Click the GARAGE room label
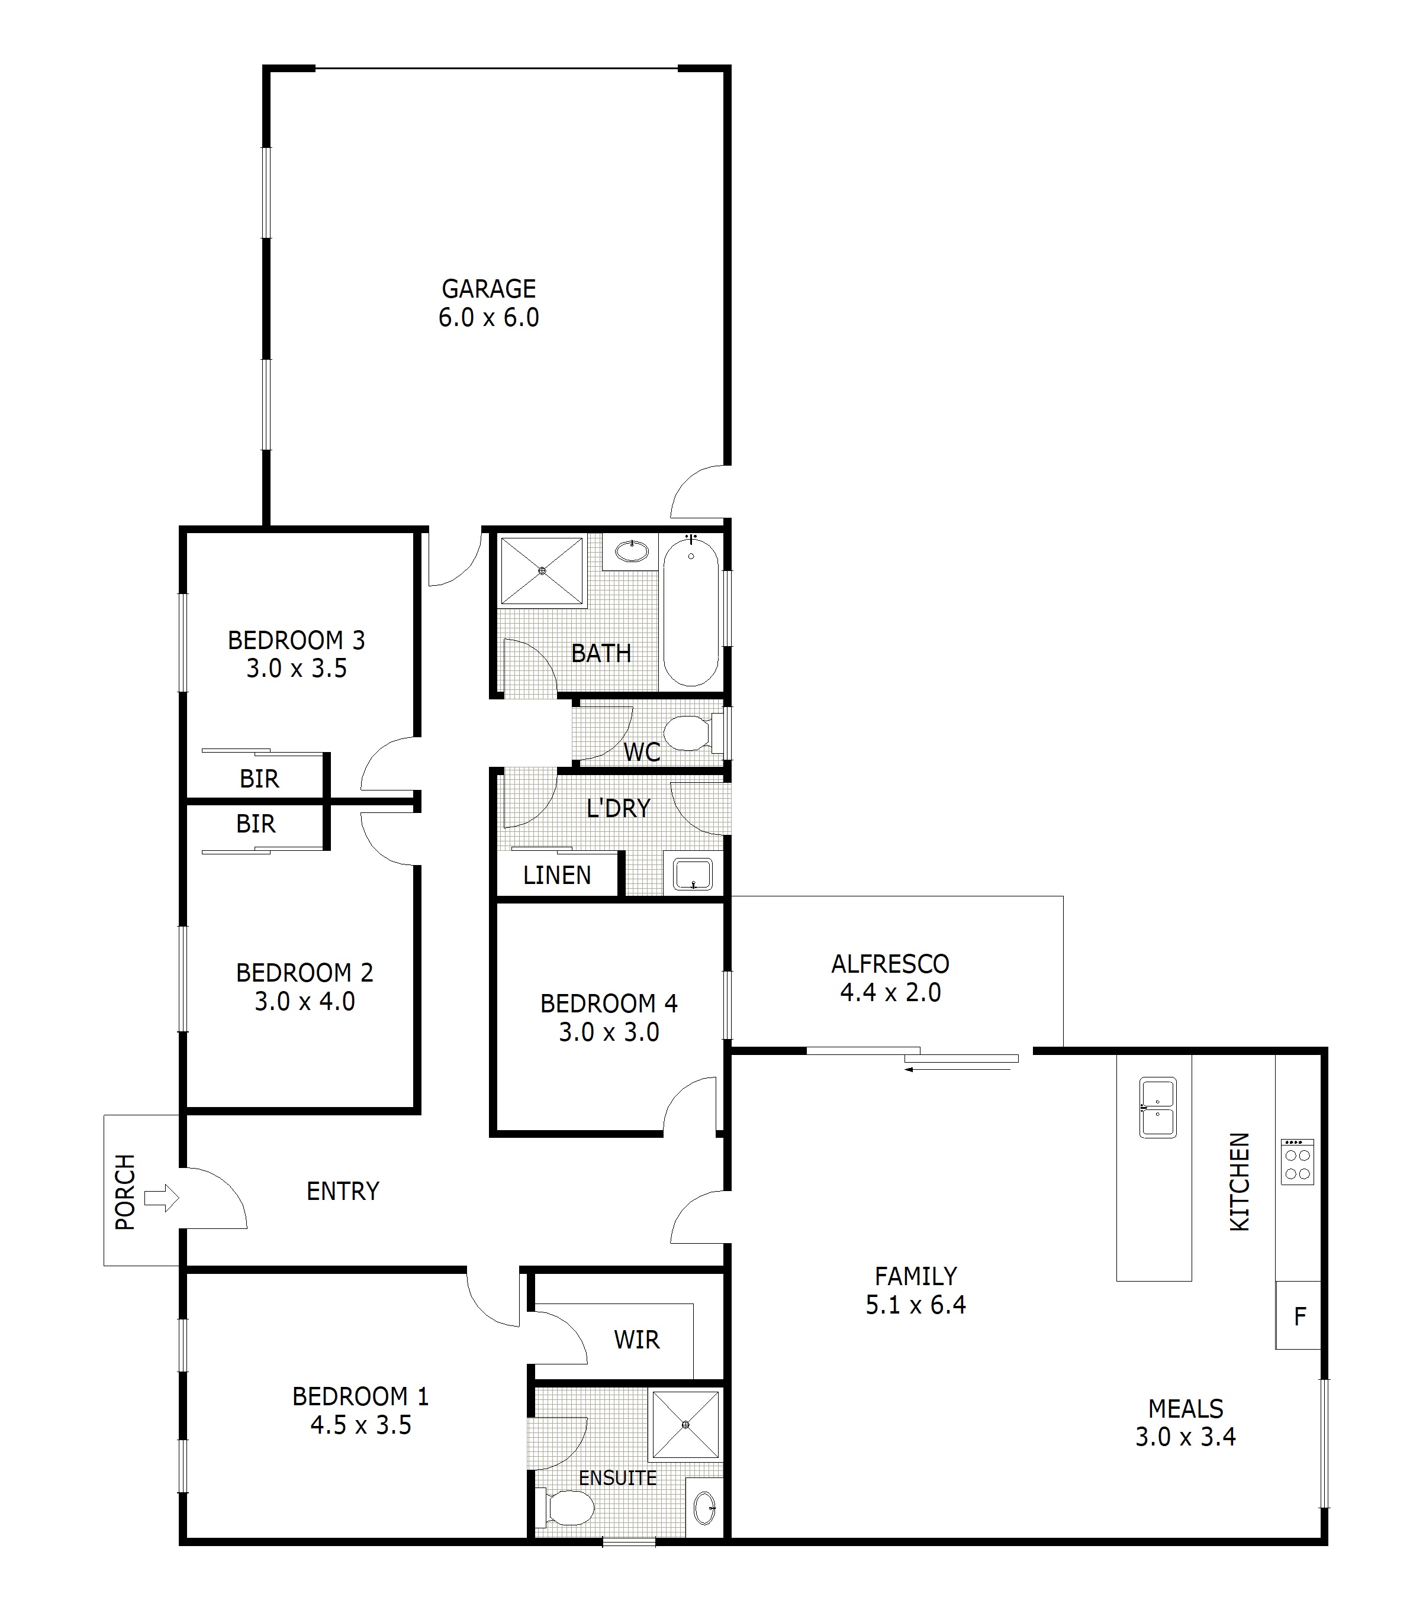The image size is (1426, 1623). coord(488,288)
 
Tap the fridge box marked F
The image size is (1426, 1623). coord(1299,1317)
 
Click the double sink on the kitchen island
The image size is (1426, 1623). coord(1157,1108)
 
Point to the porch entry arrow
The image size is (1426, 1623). coord(161,1198)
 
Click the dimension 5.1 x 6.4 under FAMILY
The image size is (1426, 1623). coord(915,1305)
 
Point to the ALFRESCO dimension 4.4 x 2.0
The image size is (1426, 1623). coord(890,992)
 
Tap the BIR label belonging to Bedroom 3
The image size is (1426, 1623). coord(259,779)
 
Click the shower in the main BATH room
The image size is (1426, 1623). coord(542,571)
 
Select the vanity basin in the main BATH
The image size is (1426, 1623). coord(632,551)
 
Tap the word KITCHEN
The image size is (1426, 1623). coord(1240,1182)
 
